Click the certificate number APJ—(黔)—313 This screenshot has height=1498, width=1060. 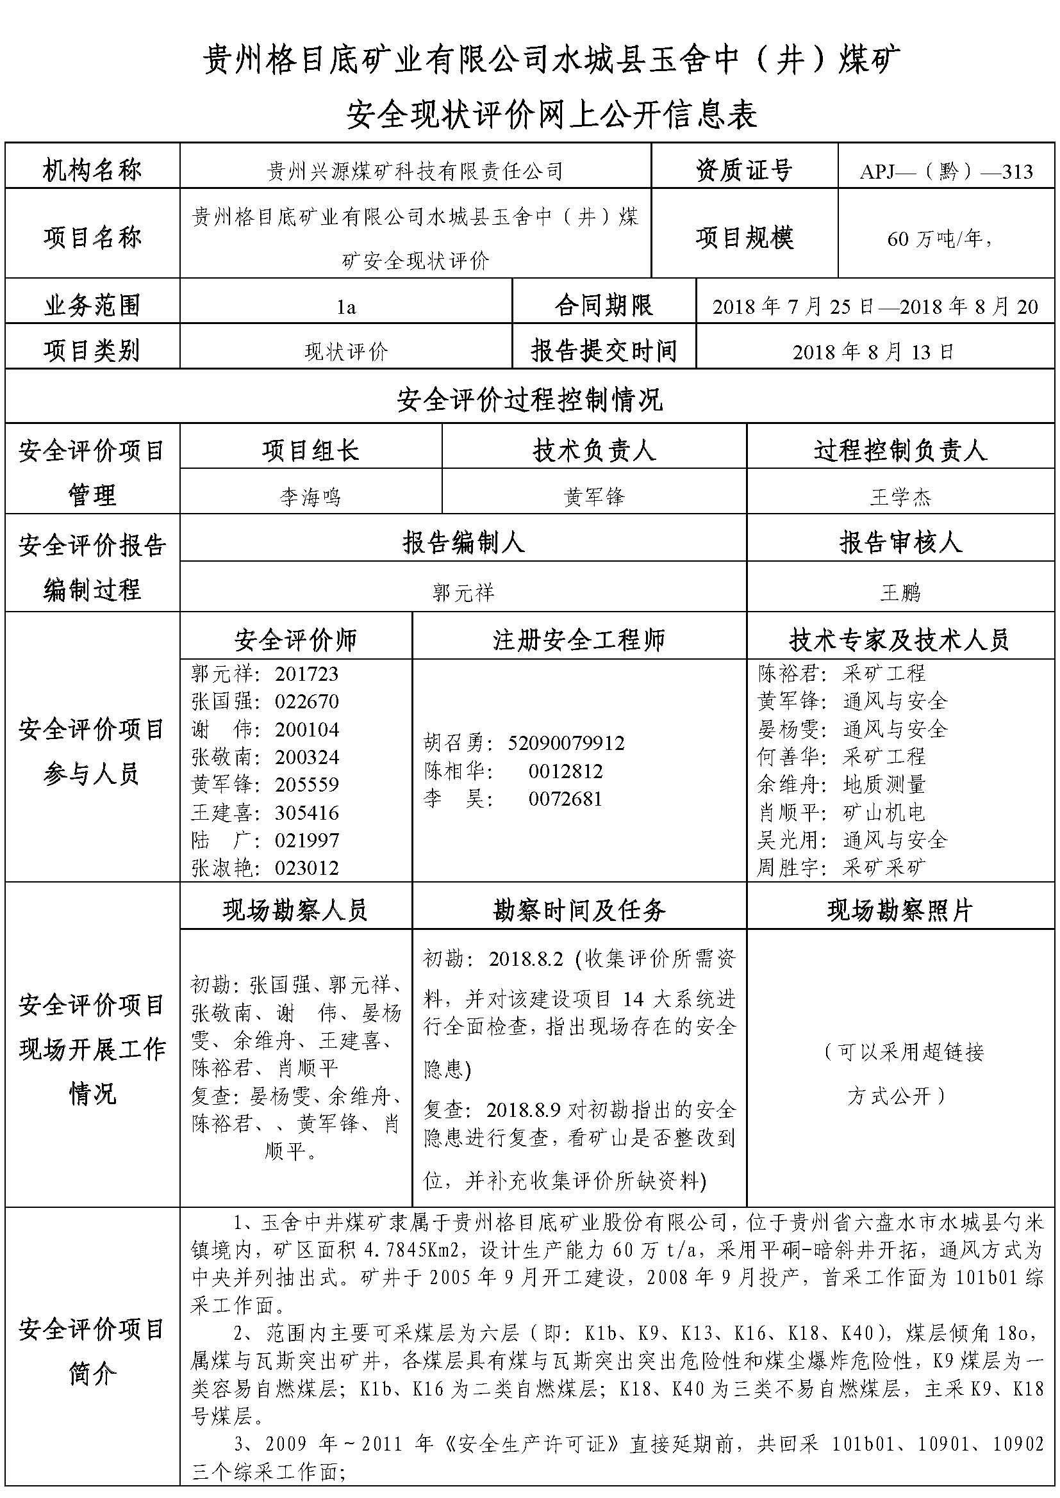pyautogui.click(x=947, y=171)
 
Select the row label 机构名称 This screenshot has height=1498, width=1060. pyautogui.click(x=92, y=170)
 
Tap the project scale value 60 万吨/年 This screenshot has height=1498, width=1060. pyautogui.click(x=939, y=239)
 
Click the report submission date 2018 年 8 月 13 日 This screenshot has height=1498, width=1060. pyautogui.click(x=874, y=352)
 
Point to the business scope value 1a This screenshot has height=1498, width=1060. pyautogui.click(x=346, y=307)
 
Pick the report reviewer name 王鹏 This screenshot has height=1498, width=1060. pyautogui.click(x=900, y=593)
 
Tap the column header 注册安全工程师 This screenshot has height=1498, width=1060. pyautogui.click(x=578, y=640)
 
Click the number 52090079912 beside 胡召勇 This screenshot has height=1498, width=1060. pyautogui.click(x=566, y=743)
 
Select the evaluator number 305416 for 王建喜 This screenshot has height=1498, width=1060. pyautogui.click(x=307, y=813)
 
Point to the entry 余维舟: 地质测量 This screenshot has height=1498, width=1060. pyautogui.click(x=841, y=785)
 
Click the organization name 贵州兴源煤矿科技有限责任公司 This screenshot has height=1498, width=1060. pyautogui.click(x=415, y=172)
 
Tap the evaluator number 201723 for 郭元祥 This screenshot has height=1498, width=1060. pyautogui.click(x=307, y=674)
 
